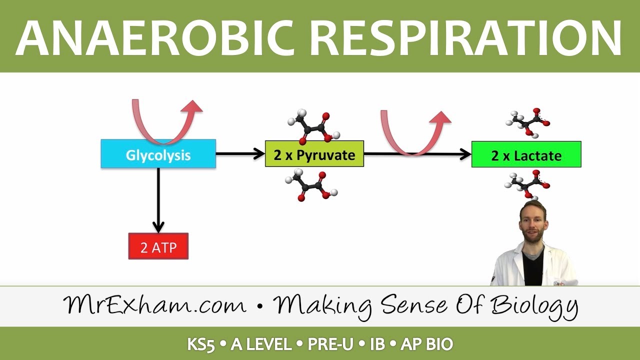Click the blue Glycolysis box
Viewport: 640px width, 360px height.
pos(158,154)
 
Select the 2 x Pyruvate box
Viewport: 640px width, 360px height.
pos(314,154)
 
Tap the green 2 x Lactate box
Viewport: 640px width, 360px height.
pos(526,154)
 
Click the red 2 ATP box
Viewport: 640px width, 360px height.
pos(158,246)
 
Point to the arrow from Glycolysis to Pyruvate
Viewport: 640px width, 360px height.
pos(240,154)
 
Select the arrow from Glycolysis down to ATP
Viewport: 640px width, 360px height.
pos(158,200)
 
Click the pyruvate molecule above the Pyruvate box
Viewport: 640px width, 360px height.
pos(313,127)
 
